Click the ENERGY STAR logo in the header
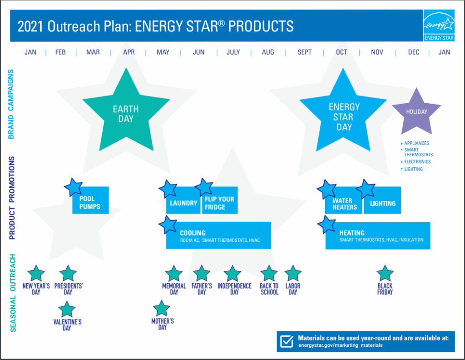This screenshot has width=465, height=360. tap(439, 25)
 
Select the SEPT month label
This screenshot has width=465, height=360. tap(305, 52)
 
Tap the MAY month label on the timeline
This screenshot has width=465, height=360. tap(163, 52)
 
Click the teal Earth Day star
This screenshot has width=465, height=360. tap(126, 111)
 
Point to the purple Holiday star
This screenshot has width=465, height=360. tap(416, 112)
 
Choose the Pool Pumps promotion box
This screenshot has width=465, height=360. tap(90, 200)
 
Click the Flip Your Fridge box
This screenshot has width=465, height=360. tap(220, 200)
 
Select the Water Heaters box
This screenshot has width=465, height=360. tap(343, 200)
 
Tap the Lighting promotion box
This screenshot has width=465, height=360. tap(382, 200)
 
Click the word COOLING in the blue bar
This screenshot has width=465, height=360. tap(193, 233)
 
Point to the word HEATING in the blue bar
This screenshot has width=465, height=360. tap(352, 233)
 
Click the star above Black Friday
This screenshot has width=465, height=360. tap(385, 273)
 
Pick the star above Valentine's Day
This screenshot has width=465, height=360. tap(67, 309)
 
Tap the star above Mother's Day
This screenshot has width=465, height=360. tap(162, 308)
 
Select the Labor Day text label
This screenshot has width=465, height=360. tap(293, 289)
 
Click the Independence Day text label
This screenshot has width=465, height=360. tap(234, 289)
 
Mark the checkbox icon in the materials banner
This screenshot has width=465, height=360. tap(287, 341)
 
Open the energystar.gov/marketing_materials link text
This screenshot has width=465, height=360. tap(341, 345)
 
